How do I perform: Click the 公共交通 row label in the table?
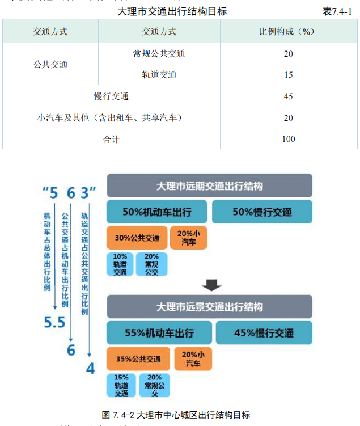click(x=50, y=64)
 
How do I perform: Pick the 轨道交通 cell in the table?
click(x=159, y=75)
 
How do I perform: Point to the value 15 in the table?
click(x=288, y=75)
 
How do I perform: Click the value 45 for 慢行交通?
click(x=288, y=96)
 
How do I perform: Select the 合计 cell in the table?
click(x=111, y=139)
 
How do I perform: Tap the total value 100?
click(x=288, y=139)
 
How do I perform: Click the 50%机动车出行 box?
click(x=157, y=212)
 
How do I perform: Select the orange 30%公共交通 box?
click(x=137, y=238)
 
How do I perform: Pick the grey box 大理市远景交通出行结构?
click(x=209, y=307)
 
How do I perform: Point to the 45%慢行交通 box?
click(x=264, y=333)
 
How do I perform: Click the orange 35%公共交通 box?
click(x=138, y=359)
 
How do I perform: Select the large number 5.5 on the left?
click(x=56, y=323)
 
